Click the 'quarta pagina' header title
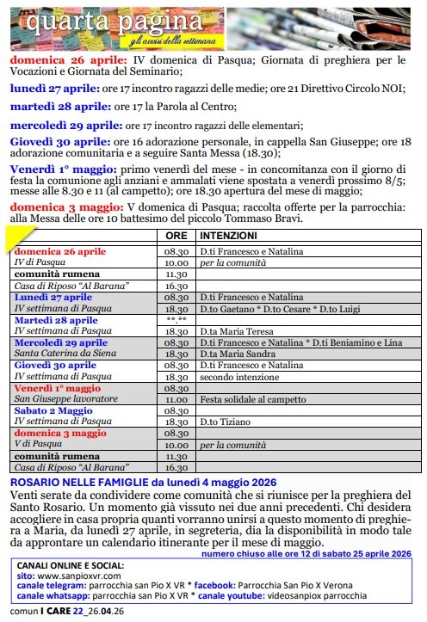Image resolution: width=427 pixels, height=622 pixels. click(111, 18)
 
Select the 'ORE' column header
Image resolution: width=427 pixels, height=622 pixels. click(176, 236)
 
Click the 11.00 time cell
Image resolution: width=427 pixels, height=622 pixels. click(176, 399)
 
